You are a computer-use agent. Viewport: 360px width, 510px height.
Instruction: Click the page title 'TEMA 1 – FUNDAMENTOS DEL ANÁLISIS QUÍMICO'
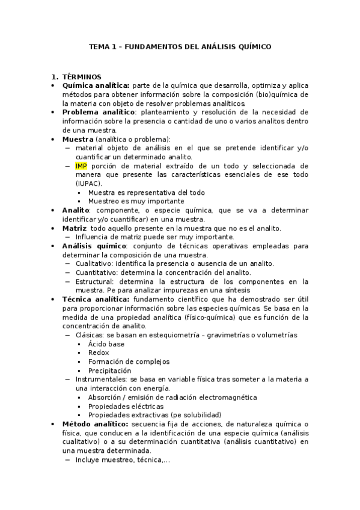pos(180,46)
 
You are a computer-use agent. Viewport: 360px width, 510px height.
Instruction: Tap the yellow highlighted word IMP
pos(81,165)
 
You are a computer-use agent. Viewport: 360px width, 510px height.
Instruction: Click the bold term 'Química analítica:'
pos(96,85)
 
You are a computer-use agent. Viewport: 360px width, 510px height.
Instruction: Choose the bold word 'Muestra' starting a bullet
pos(78,139)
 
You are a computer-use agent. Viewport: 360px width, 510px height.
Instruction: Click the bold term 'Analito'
pos(76,210)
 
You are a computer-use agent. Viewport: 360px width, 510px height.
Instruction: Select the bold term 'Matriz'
pos(75,228)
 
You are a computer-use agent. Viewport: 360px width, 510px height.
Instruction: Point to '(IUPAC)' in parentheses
pos(89,183)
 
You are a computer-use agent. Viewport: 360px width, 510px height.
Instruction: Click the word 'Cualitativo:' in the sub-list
pos(94,263)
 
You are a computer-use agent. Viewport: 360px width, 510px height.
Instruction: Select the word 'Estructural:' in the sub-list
pos(94,281)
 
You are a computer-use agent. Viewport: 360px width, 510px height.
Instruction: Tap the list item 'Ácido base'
pos(106,343)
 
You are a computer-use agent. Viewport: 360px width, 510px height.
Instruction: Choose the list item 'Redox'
pos(99,352)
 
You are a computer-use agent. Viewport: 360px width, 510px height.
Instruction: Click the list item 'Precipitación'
pos(109,370)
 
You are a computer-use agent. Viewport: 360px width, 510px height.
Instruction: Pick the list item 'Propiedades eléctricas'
pos(125,406)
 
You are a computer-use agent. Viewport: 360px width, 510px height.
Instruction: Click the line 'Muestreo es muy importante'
pos(136,201)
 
